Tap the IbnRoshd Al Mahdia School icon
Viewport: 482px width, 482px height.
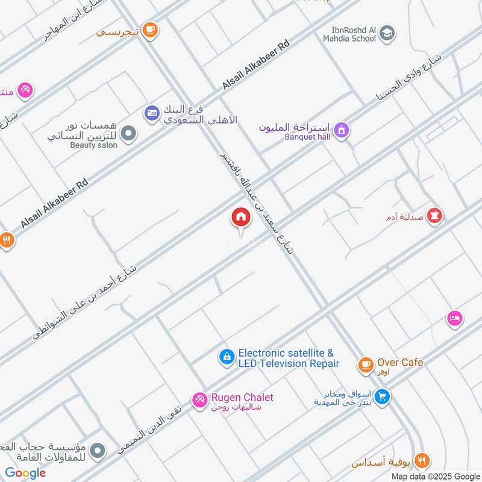tap(388, 34)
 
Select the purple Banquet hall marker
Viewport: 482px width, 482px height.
tap(342, 130)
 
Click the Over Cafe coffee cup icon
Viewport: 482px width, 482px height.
tap(365, 364)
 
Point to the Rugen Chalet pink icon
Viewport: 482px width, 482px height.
tap(199, 399)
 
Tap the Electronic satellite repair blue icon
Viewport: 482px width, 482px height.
tap(227, 358)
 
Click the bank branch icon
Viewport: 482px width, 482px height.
tap(151, 112)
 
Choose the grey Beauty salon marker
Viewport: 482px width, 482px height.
tap(128, 134)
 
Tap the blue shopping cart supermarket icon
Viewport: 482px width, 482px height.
tap(381, 397)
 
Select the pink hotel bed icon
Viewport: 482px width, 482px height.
tap(454, 318)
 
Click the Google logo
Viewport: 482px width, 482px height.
tap(25, 473)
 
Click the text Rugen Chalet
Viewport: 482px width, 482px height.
tap(242, 398)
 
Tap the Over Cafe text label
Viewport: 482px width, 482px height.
tap(400, 363)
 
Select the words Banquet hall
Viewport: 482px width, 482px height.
tap(308, 137)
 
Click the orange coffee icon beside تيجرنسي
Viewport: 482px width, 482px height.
tap(150, 28)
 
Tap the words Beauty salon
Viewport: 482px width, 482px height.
tap(93, 145)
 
